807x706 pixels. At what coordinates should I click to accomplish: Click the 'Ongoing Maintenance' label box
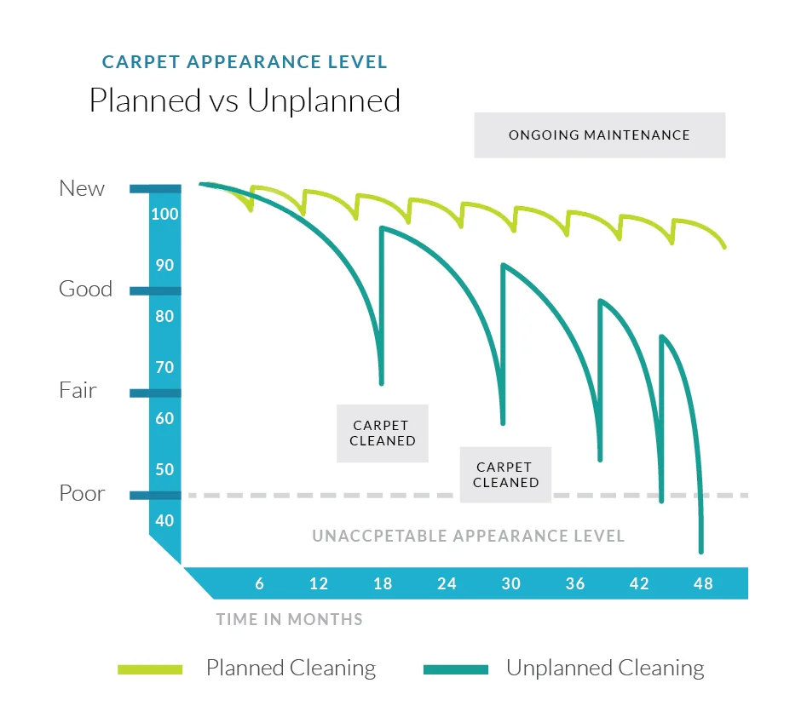[x=599, y=135]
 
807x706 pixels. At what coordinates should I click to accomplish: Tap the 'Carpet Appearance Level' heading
[x=245, y=62]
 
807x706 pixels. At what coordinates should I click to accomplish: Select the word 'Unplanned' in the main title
[x=324, y=100]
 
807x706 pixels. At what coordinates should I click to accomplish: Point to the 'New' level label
[x=82, y=188]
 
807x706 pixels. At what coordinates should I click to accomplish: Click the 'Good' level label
[x=85, y=290]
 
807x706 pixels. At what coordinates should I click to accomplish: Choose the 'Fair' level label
[x=78, y=391]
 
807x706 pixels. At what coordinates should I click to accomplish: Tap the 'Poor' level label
[x=82, y=493]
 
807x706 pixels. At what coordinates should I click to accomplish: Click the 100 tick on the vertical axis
[x=164, y=214]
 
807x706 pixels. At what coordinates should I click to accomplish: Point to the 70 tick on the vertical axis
[x=164, y=367]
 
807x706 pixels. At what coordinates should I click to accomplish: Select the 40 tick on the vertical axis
[x=164, y=520]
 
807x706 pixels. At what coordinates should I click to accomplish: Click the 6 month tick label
[x=259, y=583]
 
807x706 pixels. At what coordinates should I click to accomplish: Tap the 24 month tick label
[x=447, y=583]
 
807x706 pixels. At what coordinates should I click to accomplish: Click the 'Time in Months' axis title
[x=289, y=619]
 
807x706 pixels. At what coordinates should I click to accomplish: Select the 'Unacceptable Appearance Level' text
[x=468, y=537]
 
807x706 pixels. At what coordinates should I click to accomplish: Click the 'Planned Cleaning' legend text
[x=291, y=669]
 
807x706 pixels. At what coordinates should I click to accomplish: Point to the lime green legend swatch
[x=150, y=669]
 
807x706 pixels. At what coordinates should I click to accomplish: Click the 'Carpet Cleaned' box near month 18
[x=383, y=433]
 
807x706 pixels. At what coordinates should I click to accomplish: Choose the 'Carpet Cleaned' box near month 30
[x=506, y=474]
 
